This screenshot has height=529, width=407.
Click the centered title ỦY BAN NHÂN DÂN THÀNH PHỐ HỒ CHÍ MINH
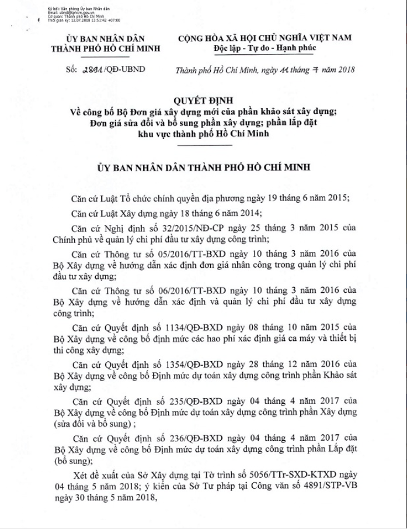point(203,167)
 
